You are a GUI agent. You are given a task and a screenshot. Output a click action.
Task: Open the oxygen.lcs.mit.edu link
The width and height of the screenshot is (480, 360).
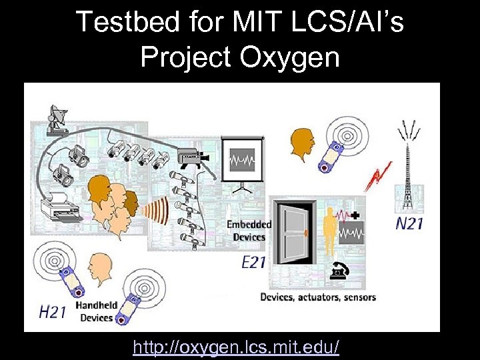236,347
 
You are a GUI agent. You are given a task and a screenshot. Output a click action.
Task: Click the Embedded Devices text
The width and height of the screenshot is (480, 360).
249,231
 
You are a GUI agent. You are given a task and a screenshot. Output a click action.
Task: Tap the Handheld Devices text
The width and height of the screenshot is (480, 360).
96,311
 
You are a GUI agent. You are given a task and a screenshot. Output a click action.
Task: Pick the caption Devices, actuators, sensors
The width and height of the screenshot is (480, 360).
317,297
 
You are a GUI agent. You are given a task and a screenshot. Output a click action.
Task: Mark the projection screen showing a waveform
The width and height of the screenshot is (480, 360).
243,160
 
